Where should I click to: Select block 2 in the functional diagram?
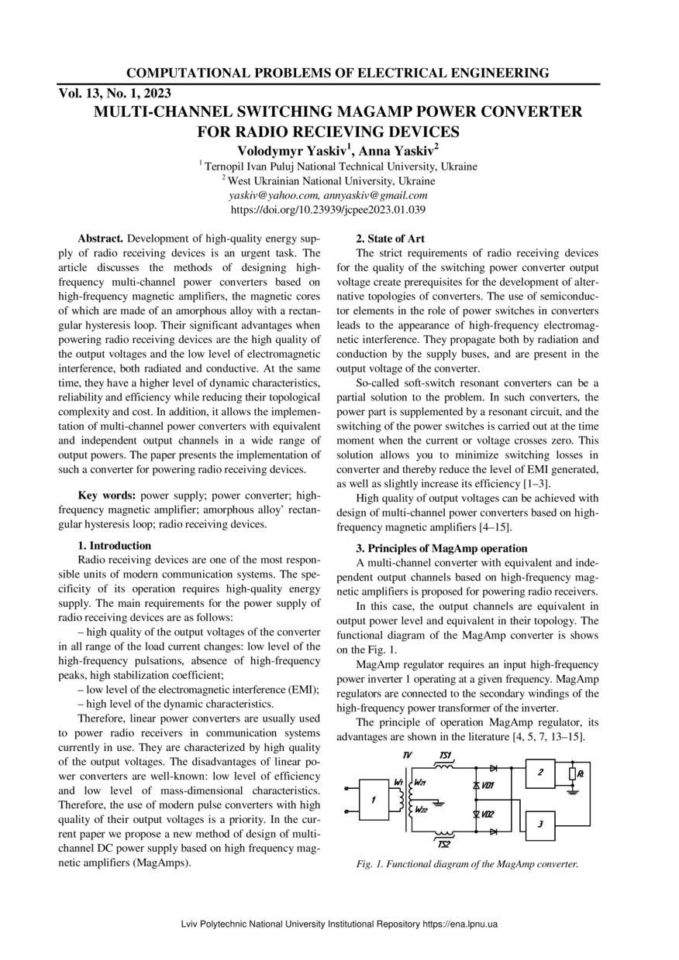click(x=540, y=773)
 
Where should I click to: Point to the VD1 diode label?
click(x=488, y=786)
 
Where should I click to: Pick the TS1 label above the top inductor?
click(x=446, y=755)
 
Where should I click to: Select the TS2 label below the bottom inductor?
click(x=445, y=844)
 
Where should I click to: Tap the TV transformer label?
click(x=408, y=755)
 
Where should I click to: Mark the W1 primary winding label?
click(x=398, y=783)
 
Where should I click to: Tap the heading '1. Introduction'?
click(x=115, y=545)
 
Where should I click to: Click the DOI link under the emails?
click(x=329, y=209)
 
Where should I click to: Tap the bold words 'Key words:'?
click(x=107, y=494)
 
